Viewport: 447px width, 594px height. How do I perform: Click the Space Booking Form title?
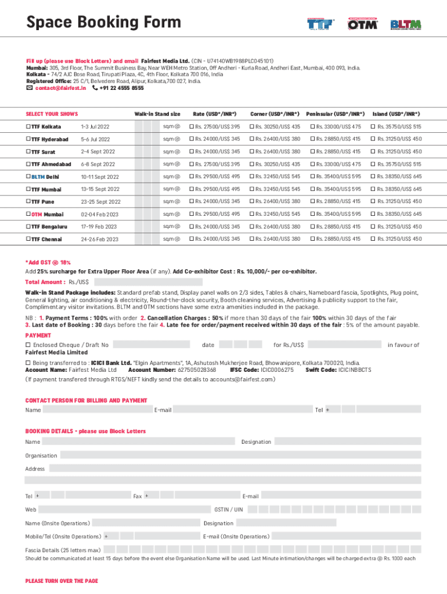(x=103, y=23)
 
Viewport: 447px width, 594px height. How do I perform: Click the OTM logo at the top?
(x=363, y=24)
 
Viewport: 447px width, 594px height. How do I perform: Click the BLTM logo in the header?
(x=406, y=24)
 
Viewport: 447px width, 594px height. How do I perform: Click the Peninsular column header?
(x=336, y=114)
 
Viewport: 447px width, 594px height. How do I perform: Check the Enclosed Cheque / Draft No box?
(x=28, y=345)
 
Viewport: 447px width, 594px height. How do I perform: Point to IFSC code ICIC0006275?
(x=262, y=370)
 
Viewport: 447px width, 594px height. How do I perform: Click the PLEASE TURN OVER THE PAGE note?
(x=62, y=581)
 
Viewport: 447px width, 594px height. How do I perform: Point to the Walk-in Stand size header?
(x=157, y=114)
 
